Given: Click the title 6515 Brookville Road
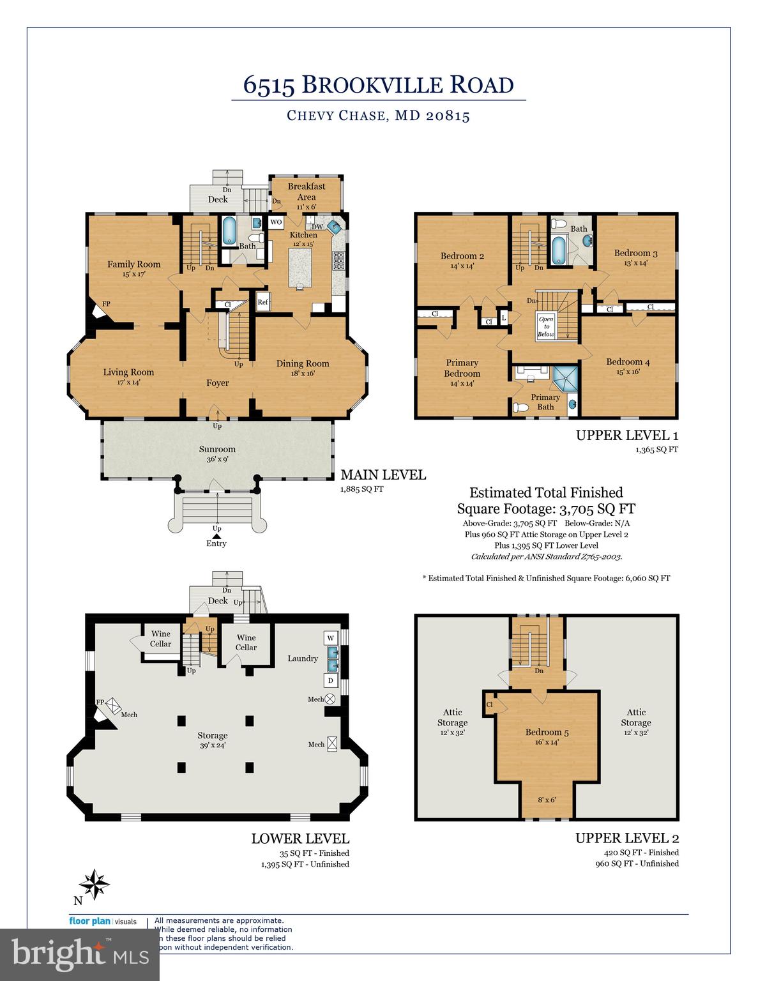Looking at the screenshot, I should pyautogui.click(x=379, y=85).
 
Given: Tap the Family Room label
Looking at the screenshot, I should pyautogui.click(x=133, y=264).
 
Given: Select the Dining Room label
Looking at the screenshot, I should pyautogui.click(x=303, y=363).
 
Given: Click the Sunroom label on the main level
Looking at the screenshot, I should pyautogui.click(x=217, y=449).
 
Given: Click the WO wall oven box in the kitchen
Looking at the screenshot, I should pyautogui.click(x=276, y=222).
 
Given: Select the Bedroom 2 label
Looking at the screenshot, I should pyautogui.click(x=462, y=256).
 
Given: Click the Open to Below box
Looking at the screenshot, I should pyautogui.click(x=546, y=326).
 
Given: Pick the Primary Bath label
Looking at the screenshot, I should pyautogui.click(x=545, y=402).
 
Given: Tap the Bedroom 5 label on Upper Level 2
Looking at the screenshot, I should pyautogui.click(x=547, y=733).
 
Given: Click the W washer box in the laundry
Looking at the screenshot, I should pyautogui.click(x=331, y=638).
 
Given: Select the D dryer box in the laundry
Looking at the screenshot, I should pyautogui.click(x=331, y=680).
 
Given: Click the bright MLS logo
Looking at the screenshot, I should pyautogui.click(x=80, y=955).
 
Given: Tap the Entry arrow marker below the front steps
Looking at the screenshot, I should pyautogui.click(x=216, y=536).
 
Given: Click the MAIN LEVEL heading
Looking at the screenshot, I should pyautogui.click(x=383, y=475).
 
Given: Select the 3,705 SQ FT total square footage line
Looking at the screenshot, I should pyautogui.click(x=546, y=509).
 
